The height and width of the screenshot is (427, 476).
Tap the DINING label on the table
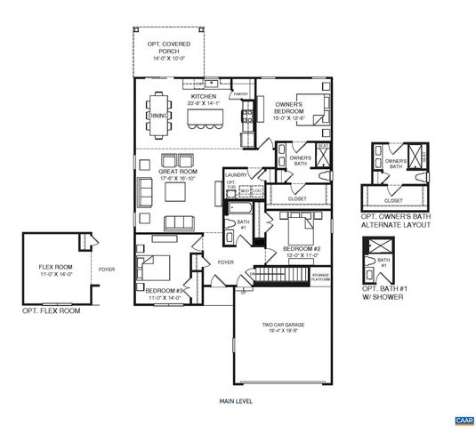point(157,116)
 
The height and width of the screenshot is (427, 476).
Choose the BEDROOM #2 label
point(302,248)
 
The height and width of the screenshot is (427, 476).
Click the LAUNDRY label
point(236,175)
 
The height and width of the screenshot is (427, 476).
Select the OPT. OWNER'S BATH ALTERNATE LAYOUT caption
point(396,222)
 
